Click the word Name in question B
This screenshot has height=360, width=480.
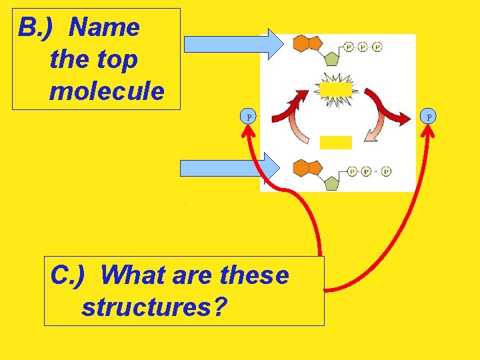104,28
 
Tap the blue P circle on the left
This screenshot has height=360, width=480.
249,117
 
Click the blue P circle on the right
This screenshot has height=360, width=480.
429,117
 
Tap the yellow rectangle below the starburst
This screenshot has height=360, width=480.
335,142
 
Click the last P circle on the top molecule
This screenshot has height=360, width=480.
377,47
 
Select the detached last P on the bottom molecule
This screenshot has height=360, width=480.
386,171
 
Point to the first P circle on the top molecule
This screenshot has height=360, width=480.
349,47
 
